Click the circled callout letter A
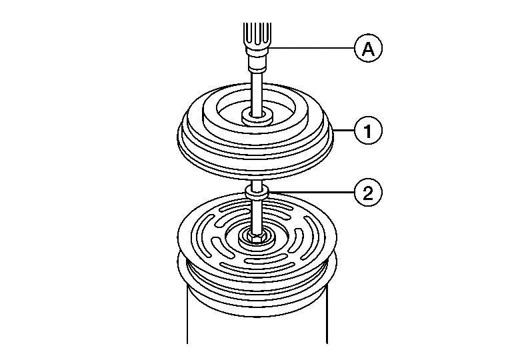click(368, 48)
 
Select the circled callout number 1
click(368, 131)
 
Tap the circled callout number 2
click(368, 193)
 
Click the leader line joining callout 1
click(344, 131)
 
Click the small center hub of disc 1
click(257, 117)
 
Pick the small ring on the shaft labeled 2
click(257, 191)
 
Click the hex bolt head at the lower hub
click(257, 237)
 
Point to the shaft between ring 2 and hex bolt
click(257, 215)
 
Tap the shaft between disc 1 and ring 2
click(257, 182)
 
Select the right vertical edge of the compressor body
click(327, 313)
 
